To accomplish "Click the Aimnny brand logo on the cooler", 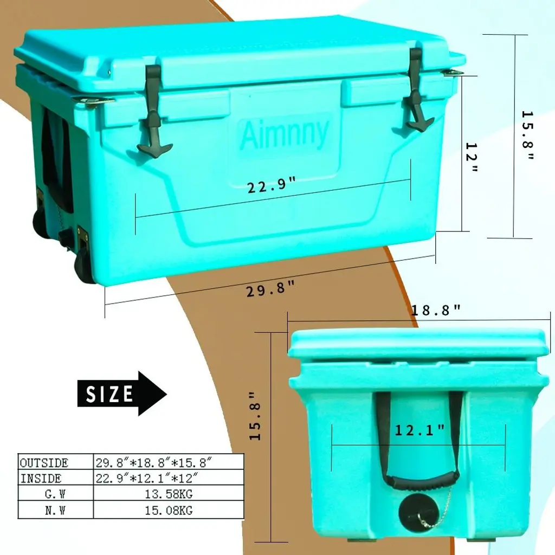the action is [284, 134].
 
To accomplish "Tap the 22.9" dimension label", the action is [271, 185].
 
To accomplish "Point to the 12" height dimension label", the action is [472, 157].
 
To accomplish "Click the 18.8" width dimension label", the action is [436, 311].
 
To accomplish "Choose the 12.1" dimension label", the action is [420, 430].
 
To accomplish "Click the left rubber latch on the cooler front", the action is [153, 112].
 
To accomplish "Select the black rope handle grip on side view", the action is [423, 481].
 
